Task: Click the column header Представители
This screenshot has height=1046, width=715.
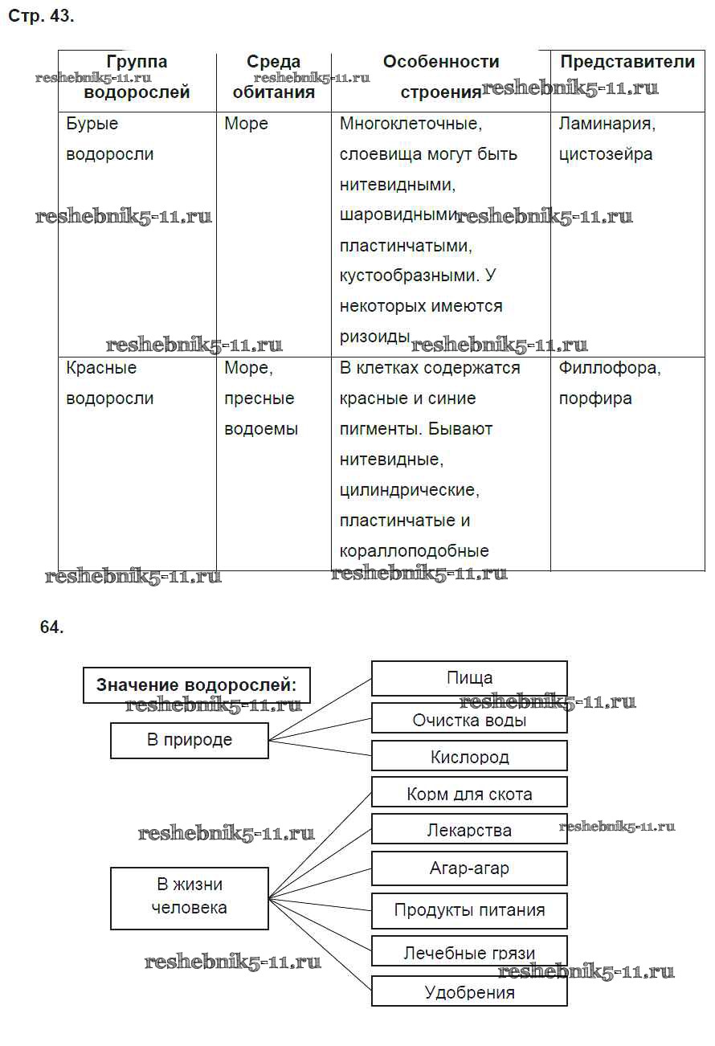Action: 627,62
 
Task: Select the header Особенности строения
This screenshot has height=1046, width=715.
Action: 440,77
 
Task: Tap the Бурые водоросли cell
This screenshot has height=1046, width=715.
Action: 109,139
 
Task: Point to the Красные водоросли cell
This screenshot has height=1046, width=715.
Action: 109,383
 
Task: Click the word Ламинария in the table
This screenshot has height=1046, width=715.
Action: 607,124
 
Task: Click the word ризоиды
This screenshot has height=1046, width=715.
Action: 374,337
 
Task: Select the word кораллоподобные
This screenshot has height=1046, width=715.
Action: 414,551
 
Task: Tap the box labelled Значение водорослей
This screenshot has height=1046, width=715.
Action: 197,685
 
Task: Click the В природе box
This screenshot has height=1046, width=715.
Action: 190,740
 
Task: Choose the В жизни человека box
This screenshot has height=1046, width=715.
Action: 190,897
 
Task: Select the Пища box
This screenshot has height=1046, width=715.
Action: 469,678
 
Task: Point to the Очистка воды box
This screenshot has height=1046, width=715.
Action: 469,720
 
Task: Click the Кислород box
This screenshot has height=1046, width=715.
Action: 469,757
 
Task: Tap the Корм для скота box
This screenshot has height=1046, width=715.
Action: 469,795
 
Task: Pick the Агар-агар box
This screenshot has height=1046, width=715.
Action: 469,868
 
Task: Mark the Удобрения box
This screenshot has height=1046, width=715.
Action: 469,992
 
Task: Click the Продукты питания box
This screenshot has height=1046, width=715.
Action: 469,910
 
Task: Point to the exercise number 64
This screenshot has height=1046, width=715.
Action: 51,627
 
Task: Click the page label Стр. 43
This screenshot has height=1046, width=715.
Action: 41,16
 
